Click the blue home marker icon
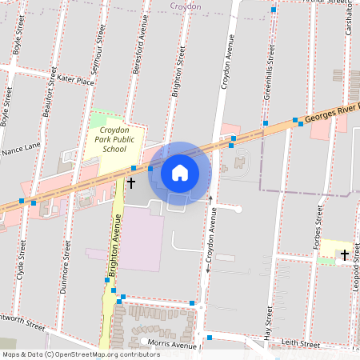pyautogui.click(x=180, y=173)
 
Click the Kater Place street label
pyautogui.click(x=75, y=81)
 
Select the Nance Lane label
pyautogui.click(x=22, y=149)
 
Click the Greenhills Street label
pyautogui.click(x=271, y=73)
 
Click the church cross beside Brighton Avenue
pyautogui.click(x=131, y=182)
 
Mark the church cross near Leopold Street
pyautogui.click(x=344, y=254)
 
